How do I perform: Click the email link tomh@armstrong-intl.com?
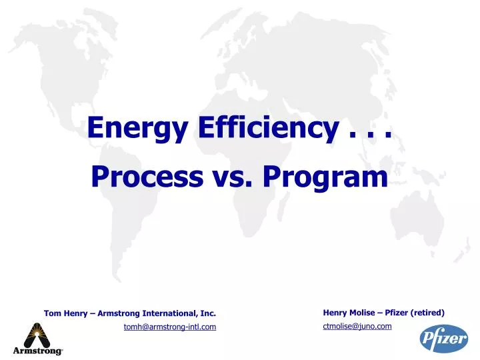(x=170, y=326)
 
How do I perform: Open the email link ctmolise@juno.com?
(x=357, y=325)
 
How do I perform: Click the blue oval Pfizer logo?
(x=443, y=339)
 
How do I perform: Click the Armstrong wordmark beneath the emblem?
(x=37, y=351)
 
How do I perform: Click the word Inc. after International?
(x=207, y=313)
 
